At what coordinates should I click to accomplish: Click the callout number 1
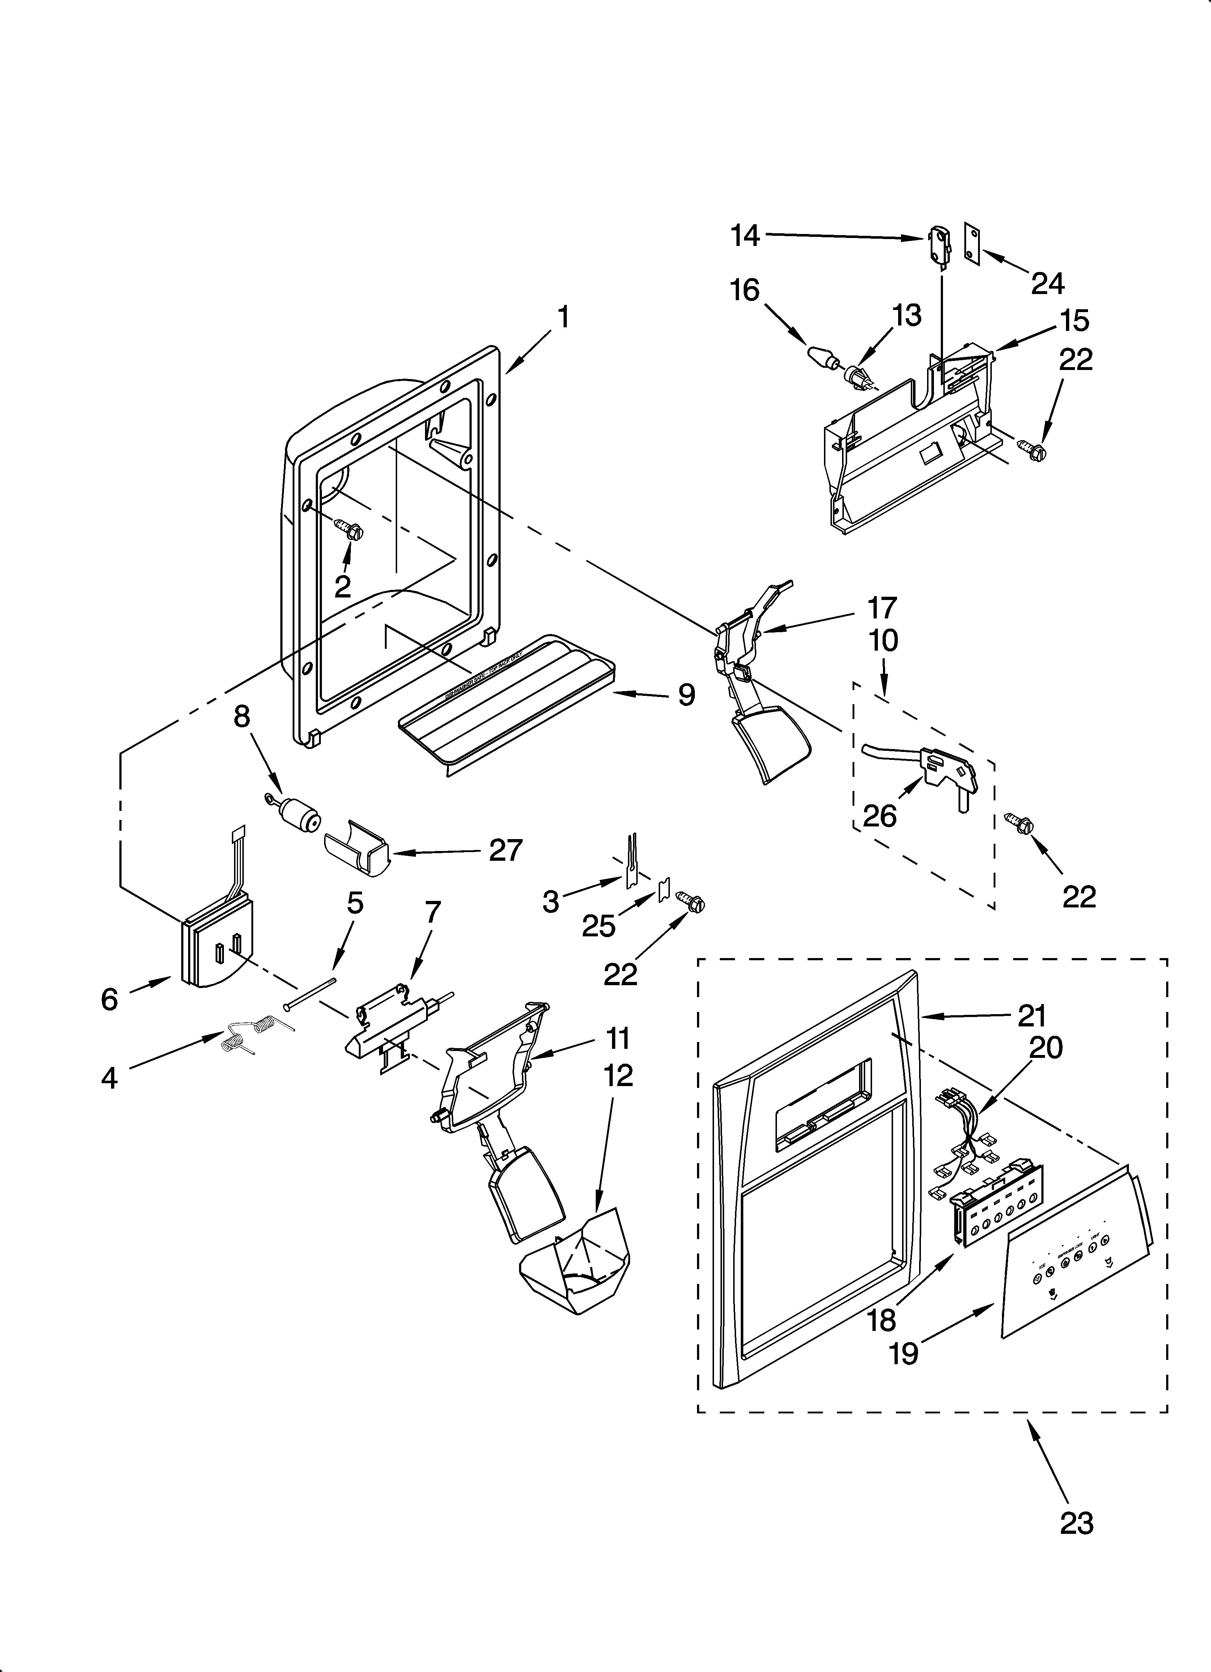564,318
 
